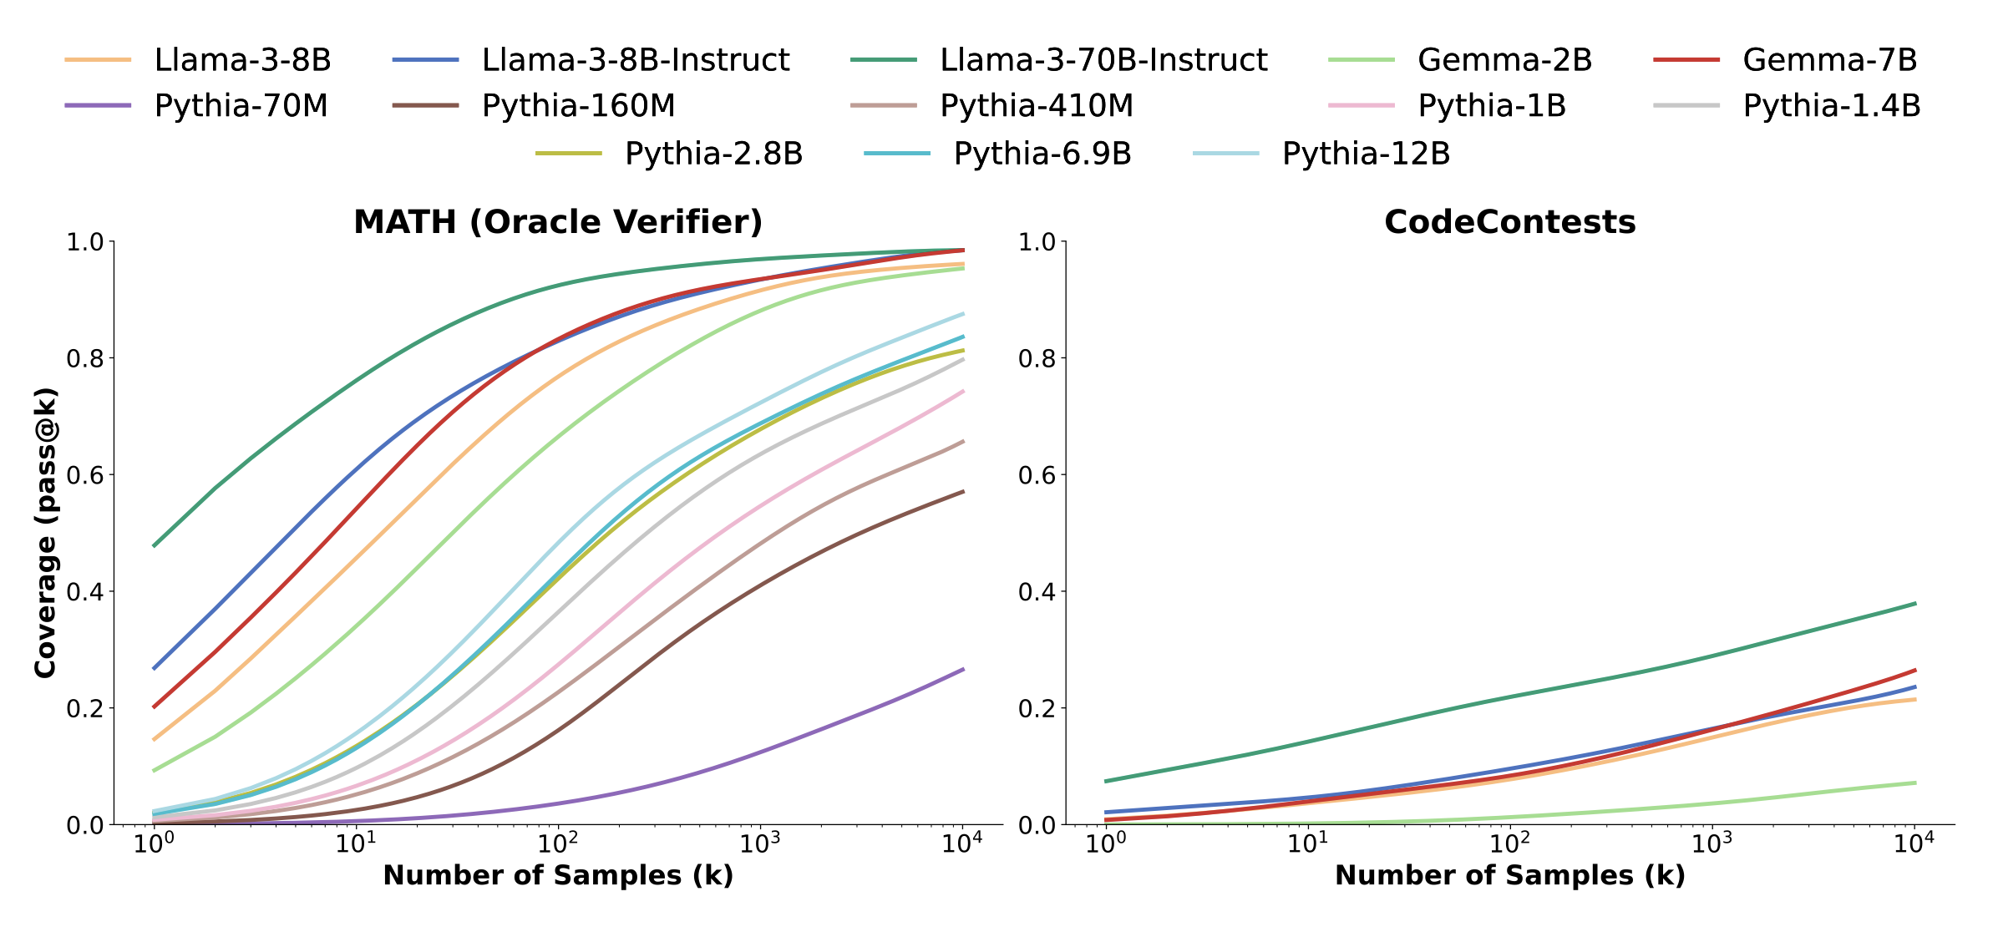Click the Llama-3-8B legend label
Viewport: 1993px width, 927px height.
[x=242, y=60]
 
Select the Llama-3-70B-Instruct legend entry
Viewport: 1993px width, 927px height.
[x=1103, y=60]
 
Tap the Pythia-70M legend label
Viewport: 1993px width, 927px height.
[x=241, y=106]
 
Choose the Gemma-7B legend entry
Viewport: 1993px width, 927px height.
[x=1829, y=60]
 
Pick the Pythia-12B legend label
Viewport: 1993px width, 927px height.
[x=1366, y=154]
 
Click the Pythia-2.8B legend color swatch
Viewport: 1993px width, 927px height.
[x=568, y=154]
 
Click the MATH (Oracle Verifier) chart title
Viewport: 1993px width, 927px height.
[x=558, y=222]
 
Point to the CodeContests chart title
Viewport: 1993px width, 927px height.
[x=1509, y=222]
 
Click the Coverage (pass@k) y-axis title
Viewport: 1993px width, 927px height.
[x=45, y=532]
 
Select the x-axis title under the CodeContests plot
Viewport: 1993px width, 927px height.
[x=1509, y=875]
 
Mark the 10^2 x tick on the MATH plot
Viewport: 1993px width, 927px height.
[x=558, y=844]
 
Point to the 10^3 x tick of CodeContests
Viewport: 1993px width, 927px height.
[x=1712, y=844]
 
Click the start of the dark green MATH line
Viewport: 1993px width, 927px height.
[x=155, y=545]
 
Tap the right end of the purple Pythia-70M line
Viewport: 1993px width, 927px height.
[x=963, y=669]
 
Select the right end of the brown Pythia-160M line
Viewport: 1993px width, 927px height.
[x=963, y=492]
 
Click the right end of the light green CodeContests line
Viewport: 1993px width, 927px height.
[x=1914, y=783]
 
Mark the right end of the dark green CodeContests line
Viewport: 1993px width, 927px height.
[x=1914, y=603]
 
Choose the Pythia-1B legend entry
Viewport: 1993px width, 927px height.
[x=1491, y=106]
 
